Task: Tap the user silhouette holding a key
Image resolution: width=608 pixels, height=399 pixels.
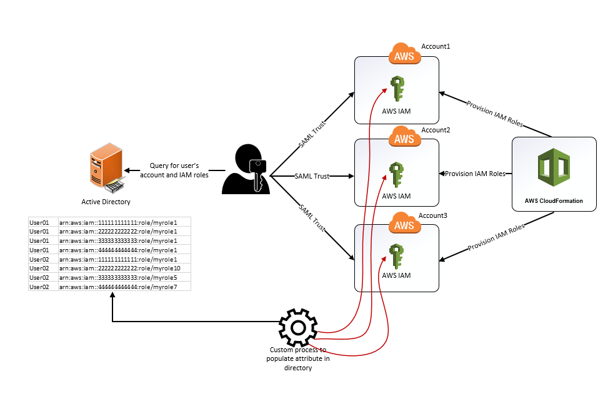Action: [246, 169]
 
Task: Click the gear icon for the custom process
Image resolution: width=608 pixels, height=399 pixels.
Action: [298, 327]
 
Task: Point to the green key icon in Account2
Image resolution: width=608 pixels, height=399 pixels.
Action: [396, 175]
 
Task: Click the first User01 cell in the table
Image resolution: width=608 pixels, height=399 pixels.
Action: [39, 222]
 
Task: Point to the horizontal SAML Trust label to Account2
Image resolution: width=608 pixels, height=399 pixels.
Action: [311, 177]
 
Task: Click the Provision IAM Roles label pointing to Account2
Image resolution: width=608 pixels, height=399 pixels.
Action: [476, 174]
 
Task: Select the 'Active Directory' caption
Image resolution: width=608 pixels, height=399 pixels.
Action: [106, 202]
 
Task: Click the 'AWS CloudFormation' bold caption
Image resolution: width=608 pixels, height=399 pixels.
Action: [554, 201]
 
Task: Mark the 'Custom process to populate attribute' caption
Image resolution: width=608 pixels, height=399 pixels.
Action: [297, 359]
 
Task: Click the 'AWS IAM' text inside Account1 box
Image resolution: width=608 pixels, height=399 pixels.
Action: [396, 111]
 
